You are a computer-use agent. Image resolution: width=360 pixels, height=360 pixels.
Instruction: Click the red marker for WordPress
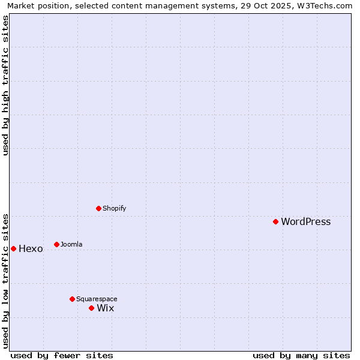coord(275,221)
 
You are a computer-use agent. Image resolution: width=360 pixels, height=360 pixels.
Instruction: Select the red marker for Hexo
coord(13,248)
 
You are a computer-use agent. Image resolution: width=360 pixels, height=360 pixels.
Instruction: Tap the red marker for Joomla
coord(56,244)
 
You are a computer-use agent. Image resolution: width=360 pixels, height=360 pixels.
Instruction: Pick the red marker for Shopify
coord(98,208)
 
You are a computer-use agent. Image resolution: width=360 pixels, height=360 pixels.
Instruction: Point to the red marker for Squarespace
coord(72,299)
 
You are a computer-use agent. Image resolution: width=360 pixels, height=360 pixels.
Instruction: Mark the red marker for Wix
coord(91,308)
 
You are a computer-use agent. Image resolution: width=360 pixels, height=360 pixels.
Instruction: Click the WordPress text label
coord(305,221)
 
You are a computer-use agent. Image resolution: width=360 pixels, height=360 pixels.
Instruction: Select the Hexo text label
coord(31,249)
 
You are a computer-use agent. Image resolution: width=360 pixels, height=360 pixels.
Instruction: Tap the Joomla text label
coord(71,244)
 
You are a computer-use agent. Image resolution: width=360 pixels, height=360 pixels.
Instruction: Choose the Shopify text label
coord(114,208)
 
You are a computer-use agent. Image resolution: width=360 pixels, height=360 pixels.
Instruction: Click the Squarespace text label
coord(97,299)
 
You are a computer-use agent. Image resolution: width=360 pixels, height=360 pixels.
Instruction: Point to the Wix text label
coord(105,308)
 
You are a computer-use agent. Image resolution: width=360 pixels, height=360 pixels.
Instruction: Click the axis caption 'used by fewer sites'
coord(62,355)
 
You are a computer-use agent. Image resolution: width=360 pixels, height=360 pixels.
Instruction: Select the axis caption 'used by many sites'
coord(301,355)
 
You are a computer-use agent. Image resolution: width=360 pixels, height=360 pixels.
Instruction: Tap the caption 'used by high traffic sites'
coord(5,85)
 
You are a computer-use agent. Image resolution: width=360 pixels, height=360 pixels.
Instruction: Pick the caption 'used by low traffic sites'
coord(5,280)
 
